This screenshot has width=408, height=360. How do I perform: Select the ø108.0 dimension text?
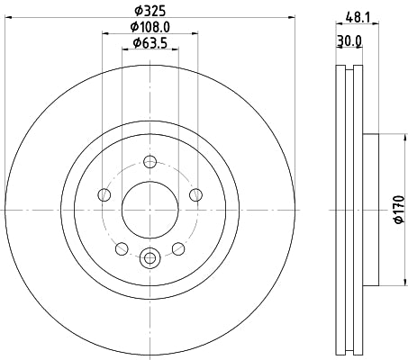pos(149,29)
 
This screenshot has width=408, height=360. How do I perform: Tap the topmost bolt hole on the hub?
pos(150,162)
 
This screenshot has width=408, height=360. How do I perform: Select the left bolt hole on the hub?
pos(104,195)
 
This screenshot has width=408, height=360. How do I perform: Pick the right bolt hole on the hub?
pos(195,195)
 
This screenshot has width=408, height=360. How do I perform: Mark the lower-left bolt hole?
pos(122,247)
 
